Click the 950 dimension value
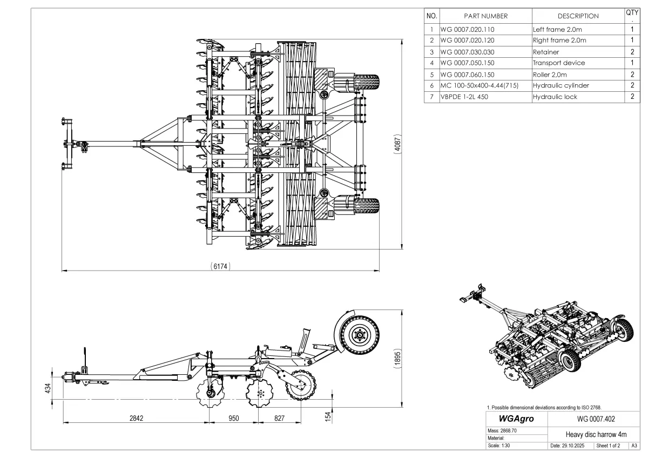click(233, 418)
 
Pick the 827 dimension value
click(279, 418)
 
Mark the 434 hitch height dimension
click(48, 388)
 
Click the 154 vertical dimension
click(328, 416)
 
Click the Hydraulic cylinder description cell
click(561, 85)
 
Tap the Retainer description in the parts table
click(546, 52)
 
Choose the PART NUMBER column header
click(485, 16)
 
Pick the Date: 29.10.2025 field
click(571, 446)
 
